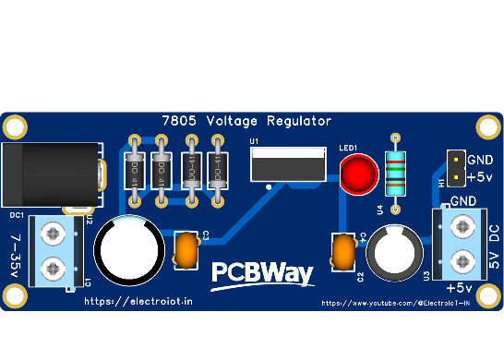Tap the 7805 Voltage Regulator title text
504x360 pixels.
point(246,121)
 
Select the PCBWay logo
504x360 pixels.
point(263,273)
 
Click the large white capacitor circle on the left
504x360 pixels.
point(129,250)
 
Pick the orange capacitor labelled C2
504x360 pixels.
point(343,251)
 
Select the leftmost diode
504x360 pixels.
point(134,171)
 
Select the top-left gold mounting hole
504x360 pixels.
point(16,125)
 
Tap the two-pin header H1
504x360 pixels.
point(454,167)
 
